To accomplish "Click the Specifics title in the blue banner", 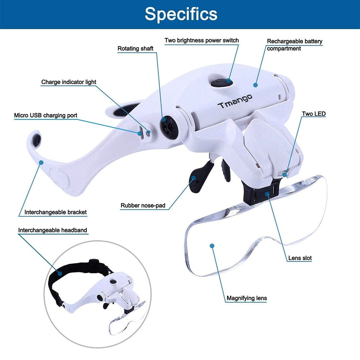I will click(181, 14).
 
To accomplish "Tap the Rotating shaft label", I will click(135, 48).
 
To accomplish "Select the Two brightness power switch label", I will click(202, 40).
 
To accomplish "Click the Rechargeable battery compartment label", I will click(294, 45).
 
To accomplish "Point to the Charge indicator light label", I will click(69, 82).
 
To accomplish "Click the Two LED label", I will click(314, 114).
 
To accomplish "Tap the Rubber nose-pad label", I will click(143, 206).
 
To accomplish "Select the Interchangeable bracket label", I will click(55, 212).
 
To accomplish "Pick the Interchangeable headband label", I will click(53, 230).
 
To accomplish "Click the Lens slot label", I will click(300, 258).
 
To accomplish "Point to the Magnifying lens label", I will click(247, 298).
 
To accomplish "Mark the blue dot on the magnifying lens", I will click(212, 246).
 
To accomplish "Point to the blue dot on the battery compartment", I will click(255, 85).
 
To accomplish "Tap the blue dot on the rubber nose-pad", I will click(194, 177).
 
